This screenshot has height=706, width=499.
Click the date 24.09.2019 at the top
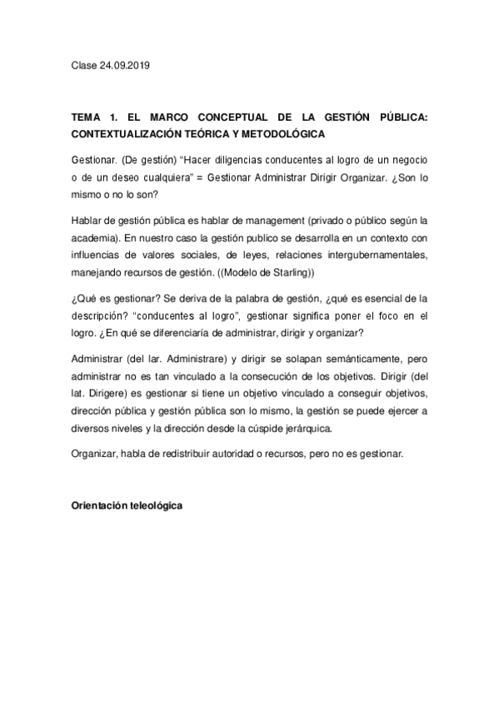127,64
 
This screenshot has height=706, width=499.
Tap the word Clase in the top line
84,64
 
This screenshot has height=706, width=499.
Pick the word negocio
407,158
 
